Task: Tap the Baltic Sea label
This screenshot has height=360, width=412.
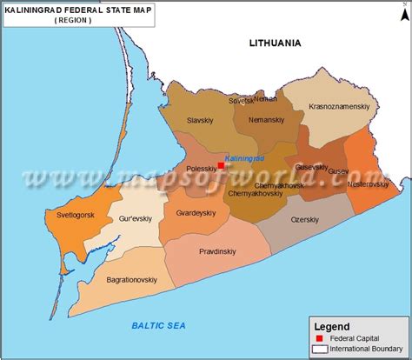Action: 159,325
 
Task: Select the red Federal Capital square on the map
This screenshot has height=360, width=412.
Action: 221,164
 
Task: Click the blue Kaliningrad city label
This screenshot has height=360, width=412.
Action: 243,157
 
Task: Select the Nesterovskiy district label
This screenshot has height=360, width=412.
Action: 369,183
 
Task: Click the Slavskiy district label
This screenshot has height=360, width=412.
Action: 202,121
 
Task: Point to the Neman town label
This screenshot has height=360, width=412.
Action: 278,100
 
